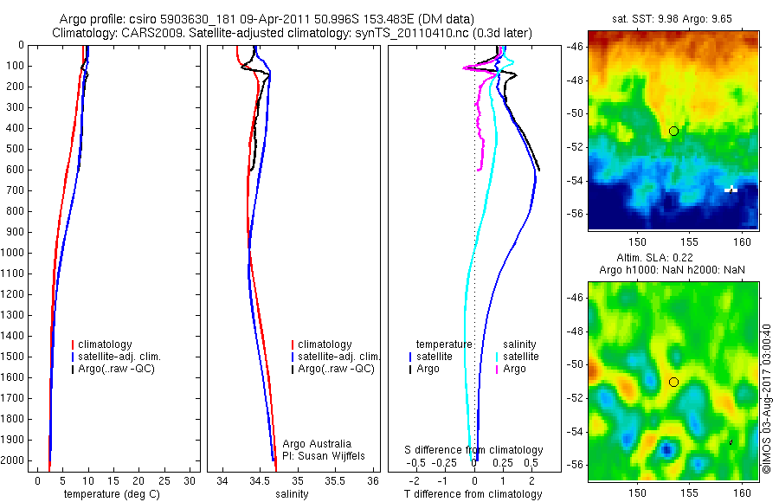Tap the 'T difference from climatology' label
pos(473,494)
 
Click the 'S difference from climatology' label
pos(474,450)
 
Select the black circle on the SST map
pos(673,131)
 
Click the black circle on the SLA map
pos(673,382)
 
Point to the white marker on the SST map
pos(731,189)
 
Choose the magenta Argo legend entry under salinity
pos(513,369)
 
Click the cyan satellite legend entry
pos(519,357)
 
